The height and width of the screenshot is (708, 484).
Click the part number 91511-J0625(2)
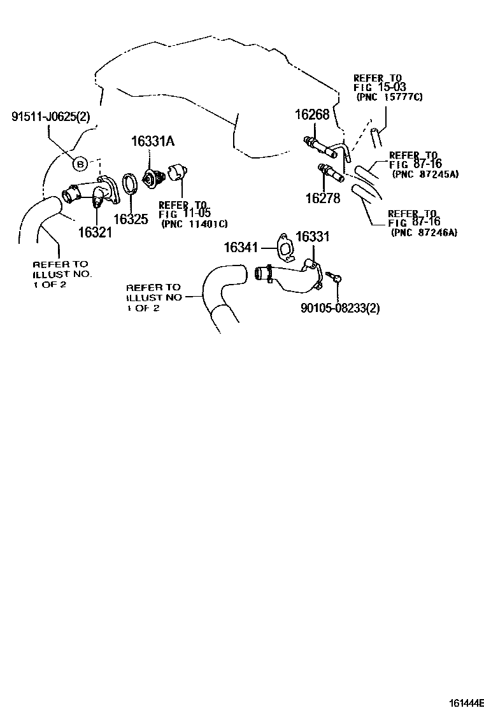pos(50,117)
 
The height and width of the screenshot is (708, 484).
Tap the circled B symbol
pos(80,164)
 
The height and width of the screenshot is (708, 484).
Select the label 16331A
pos(153,141)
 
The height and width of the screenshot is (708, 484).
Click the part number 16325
pos(131,219)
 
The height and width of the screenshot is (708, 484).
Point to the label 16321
pos(96,232)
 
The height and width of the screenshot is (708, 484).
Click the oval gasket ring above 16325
pos(130,185)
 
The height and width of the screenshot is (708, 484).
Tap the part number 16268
pos(313,114)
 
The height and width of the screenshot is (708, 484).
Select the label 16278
pos(323,198)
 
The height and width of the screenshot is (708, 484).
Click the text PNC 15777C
pos(389,97)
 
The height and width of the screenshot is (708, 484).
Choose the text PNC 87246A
pos(423,232)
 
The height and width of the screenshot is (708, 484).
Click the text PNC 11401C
pos(194,223)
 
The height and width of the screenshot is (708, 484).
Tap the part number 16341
pos(241,247)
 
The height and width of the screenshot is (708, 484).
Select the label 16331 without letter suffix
pos(313,236)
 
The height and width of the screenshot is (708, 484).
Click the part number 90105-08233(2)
pos(340,308)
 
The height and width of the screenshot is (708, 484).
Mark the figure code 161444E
pos(466,703)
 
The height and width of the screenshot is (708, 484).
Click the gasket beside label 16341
pos(285,247)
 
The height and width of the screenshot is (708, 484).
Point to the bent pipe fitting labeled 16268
pos(328,149)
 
